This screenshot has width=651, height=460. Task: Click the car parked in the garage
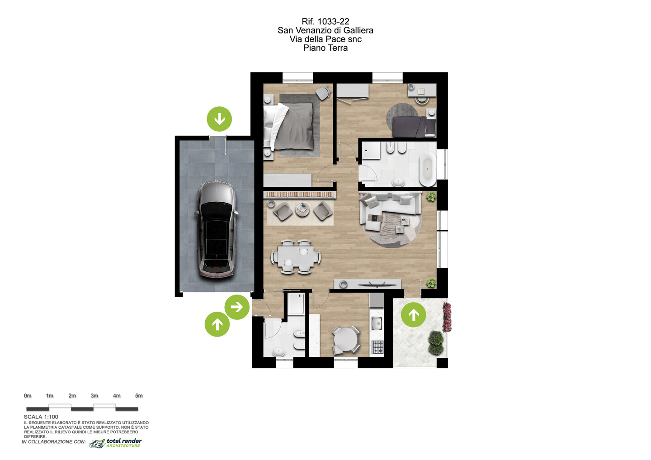217,230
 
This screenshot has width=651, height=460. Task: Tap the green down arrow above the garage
219,119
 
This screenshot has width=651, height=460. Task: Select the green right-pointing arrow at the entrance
237,307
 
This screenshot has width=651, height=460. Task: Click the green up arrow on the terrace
413,314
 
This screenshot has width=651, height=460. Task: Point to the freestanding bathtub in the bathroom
428,169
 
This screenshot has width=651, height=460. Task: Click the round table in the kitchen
346,340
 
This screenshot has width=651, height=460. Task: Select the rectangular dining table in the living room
296,256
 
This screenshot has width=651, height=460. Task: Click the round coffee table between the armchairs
302,210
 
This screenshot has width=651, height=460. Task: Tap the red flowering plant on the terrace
447,317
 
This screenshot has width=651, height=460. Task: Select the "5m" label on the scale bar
139,396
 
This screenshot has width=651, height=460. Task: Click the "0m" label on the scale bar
28,396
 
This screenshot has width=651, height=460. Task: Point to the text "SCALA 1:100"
41,417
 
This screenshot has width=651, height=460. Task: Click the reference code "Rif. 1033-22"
325,22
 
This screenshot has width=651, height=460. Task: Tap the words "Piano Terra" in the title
325,47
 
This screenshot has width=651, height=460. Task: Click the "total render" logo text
124,441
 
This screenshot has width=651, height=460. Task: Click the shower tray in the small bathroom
296,304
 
